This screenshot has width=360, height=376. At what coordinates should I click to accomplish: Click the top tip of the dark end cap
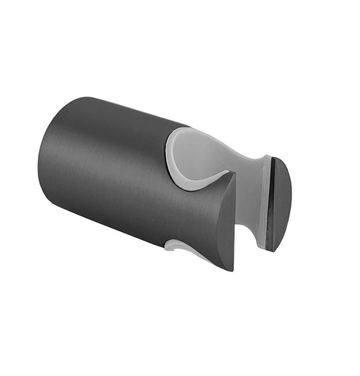point(275,158)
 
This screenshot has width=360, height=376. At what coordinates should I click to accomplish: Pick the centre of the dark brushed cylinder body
point(118,169)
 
